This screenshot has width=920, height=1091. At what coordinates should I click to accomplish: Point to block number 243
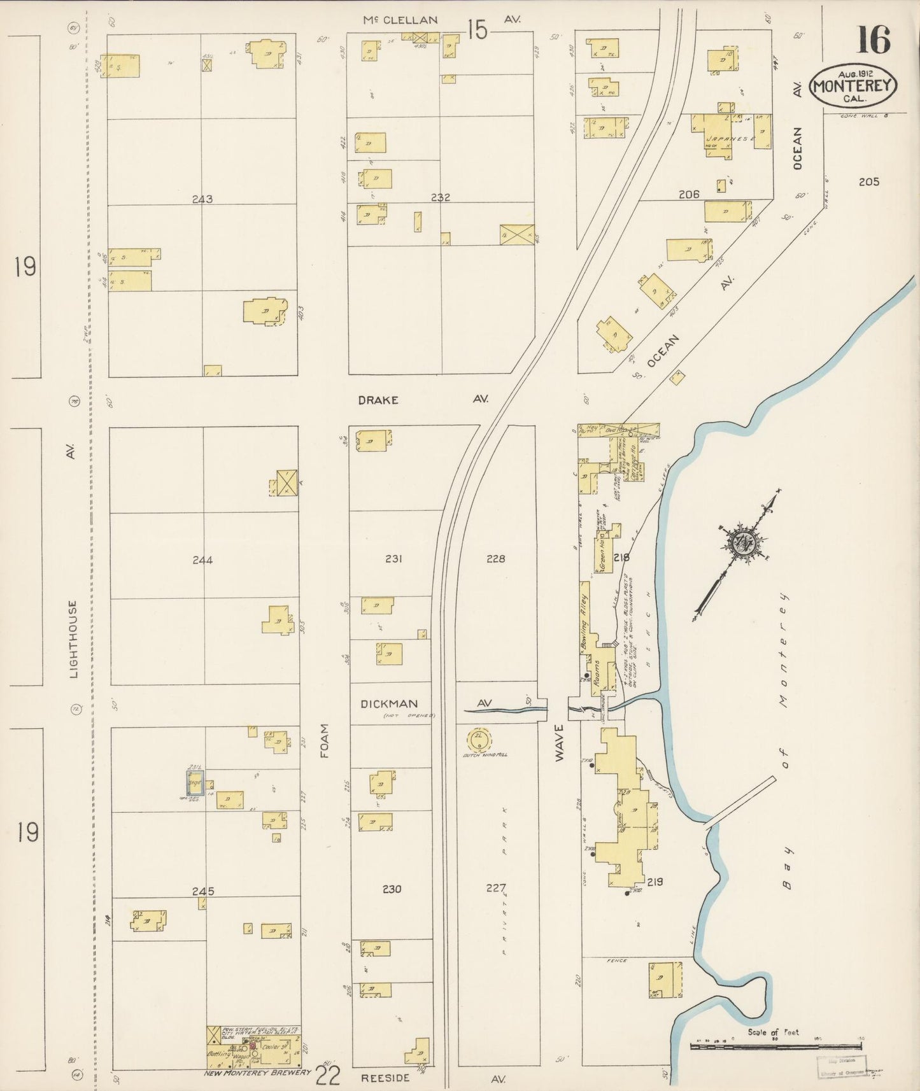pyautogui.click(x=202, y=199)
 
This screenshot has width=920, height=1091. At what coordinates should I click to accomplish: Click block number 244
pyautogui.click(x=202, y=560)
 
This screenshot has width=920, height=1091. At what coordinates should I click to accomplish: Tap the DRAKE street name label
pyautogui.click(x=378, y=400)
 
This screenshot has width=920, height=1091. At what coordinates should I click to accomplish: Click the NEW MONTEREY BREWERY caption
pyautogui.click(x=258, y=1072)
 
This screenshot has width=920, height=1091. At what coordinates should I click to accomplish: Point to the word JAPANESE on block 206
pyautogui.click(x=730, y=138)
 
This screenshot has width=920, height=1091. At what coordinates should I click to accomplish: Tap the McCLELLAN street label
pyautogui.click(x=400, y=20)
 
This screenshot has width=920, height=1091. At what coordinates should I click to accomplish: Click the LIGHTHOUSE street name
pyautogui.click(x=73, y=638)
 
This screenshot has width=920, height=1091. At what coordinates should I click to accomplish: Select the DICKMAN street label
pyautogui.click(x=389, y=703)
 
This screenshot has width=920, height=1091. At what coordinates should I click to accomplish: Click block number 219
pyautogui.click(x=655, y=882)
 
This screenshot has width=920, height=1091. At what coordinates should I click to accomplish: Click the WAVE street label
pyautogui.click(x=559, y=742)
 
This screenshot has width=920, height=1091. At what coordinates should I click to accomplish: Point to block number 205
pyautogui.click(x=868, y=182)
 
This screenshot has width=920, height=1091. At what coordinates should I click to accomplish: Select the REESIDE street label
pyautogui.click(x=380, y=1079)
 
